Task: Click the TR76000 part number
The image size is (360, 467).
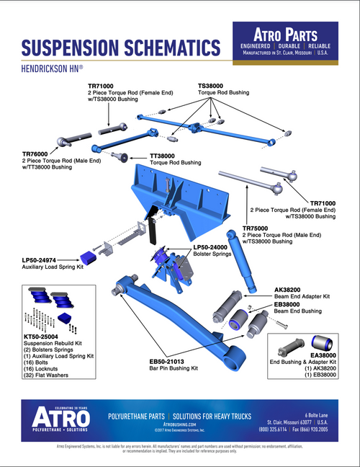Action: coord(37,154)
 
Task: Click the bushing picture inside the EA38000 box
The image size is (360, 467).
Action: coord(321,342)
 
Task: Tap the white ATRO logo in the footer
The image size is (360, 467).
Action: coord(60,417)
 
